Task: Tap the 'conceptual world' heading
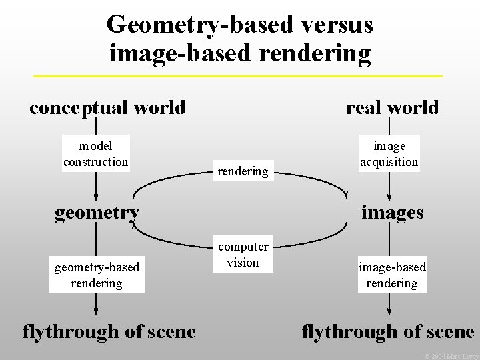107,107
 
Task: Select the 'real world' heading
392,107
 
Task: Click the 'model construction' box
96,153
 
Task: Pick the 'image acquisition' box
389,154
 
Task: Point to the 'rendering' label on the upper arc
243,171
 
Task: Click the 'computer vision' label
243,254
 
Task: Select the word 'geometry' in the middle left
97,212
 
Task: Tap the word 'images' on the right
392,212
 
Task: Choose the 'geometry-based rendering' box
97,275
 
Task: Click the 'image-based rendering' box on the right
392,275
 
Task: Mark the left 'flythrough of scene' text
109,331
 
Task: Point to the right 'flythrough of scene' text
388,331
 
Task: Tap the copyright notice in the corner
452,356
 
